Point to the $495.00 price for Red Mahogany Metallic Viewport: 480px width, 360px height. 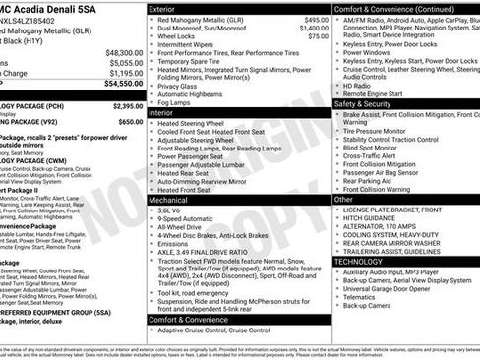316,19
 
